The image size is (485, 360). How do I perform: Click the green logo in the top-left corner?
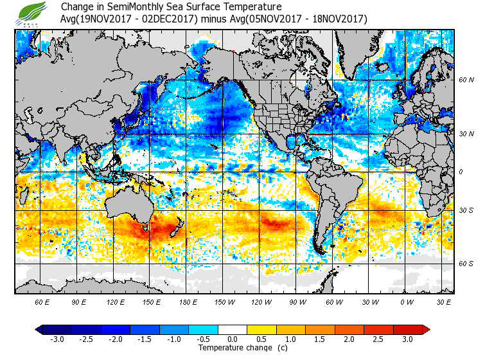31,14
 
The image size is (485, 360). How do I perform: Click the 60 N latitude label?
466,80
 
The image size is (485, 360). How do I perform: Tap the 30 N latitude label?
466,134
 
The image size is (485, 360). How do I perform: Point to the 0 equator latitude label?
461,172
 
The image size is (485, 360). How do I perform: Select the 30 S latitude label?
466,211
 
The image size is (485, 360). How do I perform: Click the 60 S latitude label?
466,263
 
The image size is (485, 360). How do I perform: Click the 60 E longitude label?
42,301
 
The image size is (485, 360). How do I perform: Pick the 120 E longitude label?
116,301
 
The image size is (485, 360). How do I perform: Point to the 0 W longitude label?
406,301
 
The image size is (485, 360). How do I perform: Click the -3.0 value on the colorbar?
57,339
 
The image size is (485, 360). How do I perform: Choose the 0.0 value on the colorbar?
233,339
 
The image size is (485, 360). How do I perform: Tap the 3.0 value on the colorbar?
407,339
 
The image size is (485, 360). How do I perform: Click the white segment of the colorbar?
233,329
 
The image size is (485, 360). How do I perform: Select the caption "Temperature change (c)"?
233,348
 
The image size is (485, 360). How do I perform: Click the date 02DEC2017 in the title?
169,19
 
